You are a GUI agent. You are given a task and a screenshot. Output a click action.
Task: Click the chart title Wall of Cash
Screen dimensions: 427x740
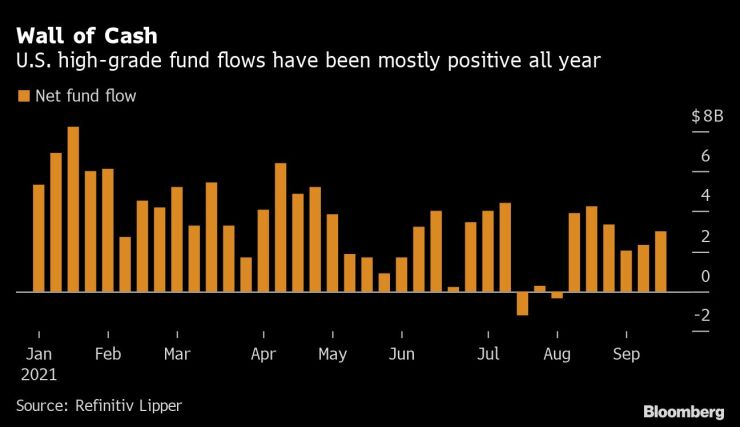click(x=86, y=36)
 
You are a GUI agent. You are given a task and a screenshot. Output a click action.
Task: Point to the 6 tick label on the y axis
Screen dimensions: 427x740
click(x=705, y=156)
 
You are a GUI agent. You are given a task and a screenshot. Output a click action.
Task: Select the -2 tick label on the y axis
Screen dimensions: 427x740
click(x=702, y=315)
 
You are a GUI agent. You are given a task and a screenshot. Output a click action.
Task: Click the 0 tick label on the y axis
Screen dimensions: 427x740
click(x=705, y=276)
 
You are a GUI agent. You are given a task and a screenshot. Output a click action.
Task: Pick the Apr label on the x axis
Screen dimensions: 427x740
click(x=263, y=354)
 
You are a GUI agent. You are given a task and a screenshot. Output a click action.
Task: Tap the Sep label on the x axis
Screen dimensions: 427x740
click(x=626, y=354)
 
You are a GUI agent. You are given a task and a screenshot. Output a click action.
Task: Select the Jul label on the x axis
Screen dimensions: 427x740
click(x=488, y=354)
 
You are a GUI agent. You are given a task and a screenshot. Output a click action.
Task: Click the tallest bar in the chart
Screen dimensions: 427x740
click(x=73, y=209)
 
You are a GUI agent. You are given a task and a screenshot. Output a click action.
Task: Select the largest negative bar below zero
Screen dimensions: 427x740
click(x=522, y=303)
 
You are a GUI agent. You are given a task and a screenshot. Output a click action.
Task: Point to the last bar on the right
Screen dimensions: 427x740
click(x=660, y=261)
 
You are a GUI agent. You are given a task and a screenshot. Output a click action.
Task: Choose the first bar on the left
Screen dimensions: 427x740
click(x=39, y=238)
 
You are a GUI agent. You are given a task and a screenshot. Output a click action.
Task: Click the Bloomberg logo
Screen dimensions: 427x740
click(x=684, y=412)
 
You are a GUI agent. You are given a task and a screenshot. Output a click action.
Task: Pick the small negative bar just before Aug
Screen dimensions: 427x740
click(x=557, y=295)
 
